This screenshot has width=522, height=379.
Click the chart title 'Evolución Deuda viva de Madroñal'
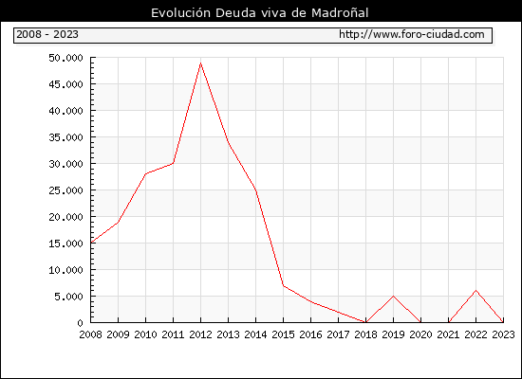[260, 13]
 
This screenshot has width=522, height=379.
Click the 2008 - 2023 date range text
[47, 34]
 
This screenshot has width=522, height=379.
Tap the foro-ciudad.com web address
[412, 34]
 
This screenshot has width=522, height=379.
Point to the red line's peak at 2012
[201, 63]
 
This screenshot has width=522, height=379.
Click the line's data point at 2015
[284, 285]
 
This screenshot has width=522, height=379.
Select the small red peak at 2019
[394, 296]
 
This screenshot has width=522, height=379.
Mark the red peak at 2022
[476, 291]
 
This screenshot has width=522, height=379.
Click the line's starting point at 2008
[91, 243]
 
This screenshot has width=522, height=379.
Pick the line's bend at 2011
[173, 163]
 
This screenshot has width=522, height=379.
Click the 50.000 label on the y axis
[65, 58]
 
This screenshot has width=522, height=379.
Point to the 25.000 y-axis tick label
[65, 190]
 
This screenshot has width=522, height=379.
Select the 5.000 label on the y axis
[69, 297]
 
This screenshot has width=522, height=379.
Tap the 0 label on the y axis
[80, 323]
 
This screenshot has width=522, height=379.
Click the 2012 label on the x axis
[201, 334]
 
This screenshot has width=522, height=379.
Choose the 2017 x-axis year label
[338, 334]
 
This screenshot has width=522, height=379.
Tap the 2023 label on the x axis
[503, 334]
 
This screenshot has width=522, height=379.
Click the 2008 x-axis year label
[90, 334]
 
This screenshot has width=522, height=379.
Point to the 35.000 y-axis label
[65, 137]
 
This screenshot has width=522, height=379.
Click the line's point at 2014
[255, 189]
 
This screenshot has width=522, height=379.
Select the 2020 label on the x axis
[420, 334]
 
